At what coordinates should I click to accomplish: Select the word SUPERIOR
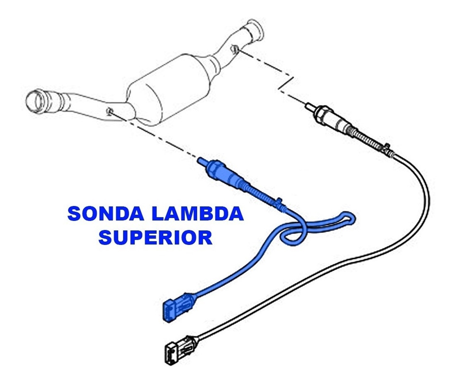(x=155, y=238)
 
